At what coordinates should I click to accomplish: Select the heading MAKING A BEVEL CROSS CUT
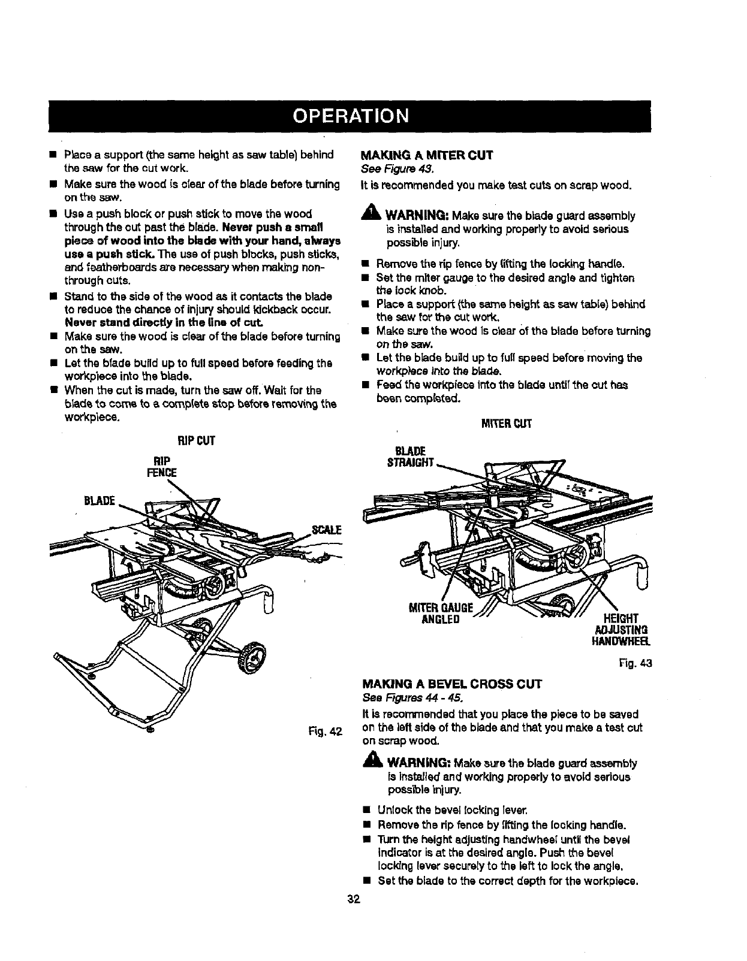click(x=453, y=684)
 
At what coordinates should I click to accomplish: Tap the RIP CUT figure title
click(x=195, y=441)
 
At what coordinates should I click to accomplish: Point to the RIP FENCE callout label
click(x=162, y=466)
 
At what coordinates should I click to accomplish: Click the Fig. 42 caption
click(x=327, y=731)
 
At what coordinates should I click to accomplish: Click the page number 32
click(x=353, y=899)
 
